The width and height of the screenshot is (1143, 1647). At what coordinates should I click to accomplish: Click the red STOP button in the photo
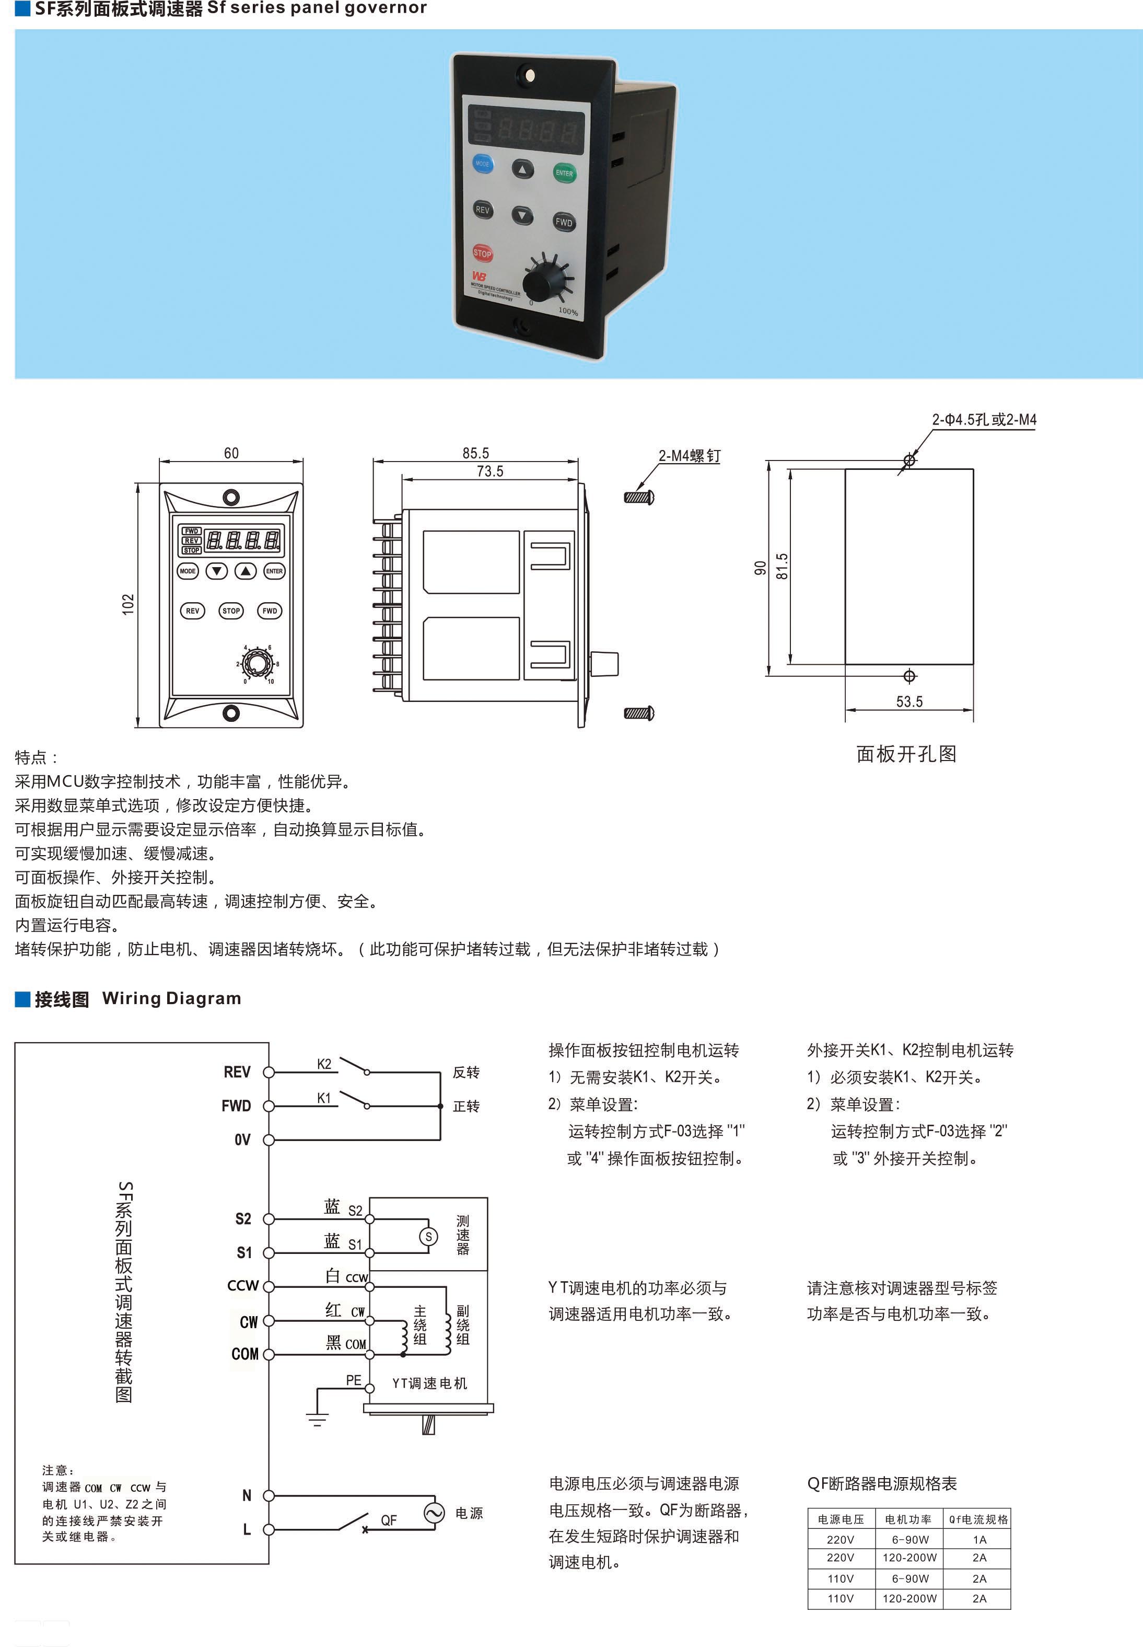482,253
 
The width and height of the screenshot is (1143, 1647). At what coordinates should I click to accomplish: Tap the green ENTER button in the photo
564,172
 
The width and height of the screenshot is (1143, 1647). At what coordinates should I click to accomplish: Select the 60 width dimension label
231,453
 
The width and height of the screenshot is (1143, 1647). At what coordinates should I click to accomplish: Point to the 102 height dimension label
128,604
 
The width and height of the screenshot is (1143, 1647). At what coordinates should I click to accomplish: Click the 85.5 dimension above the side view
475,453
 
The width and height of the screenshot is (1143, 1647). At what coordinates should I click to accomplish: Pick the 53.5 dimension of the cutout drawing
909,701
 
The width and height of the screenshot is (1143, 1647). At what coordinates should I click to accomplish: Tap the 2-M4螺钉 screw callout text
690,456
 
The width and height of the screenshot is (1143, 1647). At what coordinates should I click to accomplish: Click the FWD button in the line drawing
269,611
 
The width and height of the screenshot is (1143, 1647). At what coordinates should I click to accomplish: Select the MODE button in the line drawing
188,571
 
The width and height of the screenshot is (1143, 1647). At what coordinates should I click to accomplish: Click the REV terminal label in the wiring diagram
237,1072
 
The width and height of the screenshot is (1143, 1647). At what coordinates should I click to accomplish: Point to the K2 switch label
324,1064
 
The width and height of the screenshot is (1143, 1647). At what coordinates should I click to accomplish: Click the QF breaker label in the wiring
389,1519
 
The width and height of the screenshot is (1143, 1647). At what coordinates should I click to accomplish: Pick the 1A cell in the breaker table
979,1539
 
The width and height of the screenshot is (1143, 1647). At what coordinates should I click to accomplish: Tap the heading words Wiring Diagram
172,998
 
